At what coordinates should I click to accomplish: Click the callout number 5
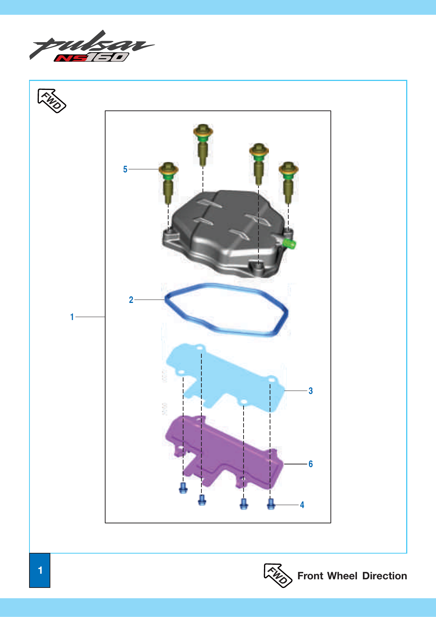[125, 169]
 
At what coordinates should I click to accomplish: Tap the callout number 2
[131, 300]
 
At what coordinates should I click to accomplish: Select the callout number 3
[311, 391]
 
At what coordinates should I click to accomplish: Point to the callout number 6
[311, 464]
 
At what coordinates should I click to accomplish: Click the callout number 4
[302, 505]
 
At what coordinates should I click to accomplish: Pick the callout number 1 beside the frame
[72, 317]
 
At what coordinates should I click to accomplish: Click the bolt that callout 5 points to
[168, 183]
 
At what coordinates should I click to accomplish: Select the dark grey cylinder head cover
[228, 234]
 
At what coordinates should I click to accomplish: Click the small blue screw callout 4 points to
[271, 504]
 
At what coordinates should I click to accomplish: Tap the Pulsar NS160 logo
[92, 46]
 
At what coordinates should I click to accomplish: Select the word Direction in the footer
[385, 576]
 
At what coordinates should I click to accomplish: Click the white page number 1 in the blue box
[40, 570]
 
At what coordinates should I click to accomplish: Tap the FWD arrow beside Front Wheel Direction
[278, 576]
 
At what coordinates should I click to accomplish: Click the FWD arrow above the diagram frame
[52, 101]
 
